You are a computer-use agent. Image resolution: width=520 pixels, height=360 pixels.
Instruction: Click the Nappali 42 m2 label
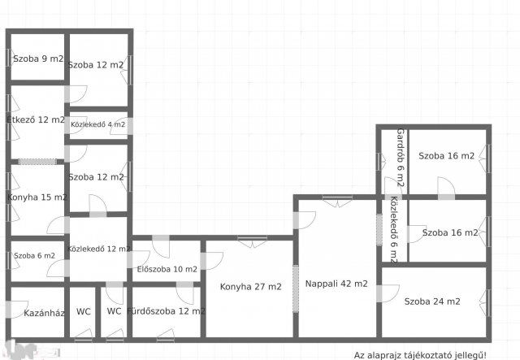336,284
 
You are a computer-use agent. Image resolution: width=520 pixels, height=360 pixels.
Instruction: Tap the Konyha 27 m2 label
251,286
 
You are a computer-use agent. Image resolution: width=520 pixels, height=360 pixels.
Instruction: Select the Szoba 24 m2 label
432,301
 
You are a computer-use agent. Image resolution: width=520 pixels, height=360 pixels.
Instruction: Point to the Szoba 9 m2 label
38,59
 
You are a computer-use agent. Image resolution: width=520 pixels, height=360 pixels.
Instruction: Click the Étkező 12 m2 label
36,119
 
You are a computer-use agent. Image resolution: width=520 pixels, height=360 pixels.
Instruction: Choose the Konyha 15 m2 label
37,197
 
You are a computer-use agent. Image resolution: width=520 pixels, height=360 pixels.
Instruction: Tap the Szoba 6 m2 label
34,255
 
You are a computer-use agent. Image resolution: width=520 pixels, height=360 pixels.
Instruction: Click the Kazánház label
44,313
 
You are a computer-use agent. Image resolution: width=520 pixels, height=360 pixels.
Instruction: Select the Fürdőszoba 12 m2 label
166,311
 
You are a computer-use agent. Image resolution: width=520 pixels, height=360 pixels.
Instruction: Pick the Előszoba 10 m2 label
167,269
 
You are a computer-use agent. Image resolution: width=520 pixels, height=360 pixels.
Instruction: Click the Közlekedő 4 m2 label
97,124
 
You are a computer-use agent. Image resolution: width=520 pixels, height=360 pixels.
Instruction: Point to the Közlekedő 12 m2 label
99,249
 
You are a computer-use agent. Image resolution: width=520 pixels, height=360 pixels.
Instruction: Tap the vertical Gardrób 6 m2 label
401,158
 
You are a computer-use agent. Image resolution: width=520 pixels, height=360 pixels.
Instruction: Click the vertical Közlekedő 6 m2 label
393,230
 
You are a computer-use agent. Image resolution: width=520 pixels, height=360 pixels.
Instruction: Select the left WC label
83,311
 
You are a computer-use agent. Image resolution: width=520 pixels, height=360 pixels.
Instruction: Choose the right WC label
114,311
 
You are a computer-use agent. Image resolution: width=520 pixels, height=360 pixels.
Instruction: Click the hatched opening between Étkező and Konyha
37,162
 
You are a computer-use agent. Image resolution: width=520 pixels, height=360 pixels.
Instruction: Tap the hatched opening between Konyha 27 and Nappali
296,288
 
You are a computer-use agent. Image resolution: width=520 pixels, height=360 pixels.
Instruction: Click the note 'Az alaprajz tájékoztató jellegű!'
420,355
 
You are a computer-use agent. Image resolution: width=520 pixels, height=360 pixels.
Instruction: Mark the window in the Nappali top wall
337,197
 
